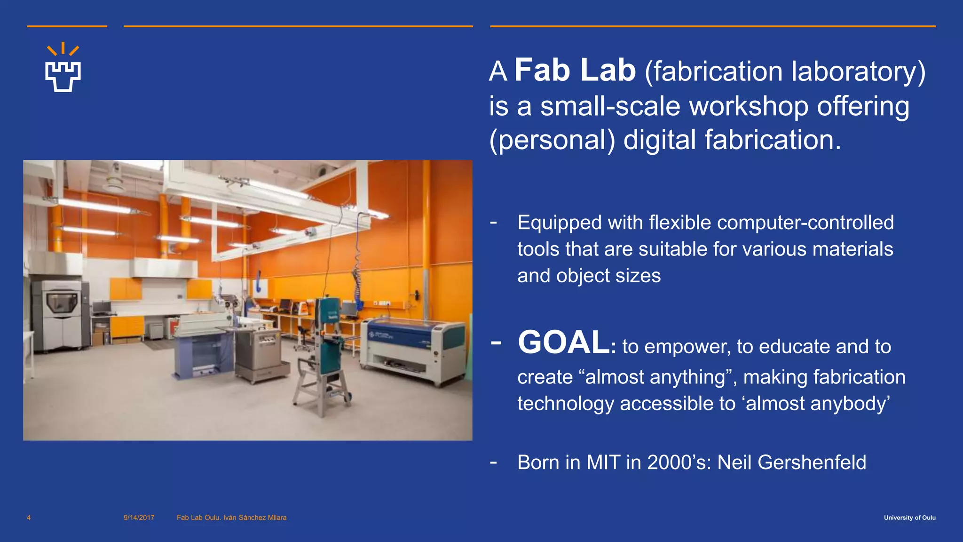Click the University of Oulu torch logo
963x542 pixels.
point(63,69)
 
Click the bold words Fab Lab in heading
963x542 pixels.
point(575,71)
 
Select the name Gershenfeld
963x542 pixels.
point(812,462)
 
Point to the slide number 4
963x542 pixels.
point(29,518)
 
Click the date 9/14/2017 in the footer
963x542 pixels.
point(139,518)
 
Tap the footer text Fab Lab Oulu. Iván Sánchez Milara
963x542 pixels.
point(231,518)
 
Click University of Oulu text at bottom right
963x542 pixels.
point(909,518)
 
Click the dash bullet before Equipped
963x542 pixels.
point(493,222)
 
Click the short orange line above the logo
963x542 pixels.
point(67,26)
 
